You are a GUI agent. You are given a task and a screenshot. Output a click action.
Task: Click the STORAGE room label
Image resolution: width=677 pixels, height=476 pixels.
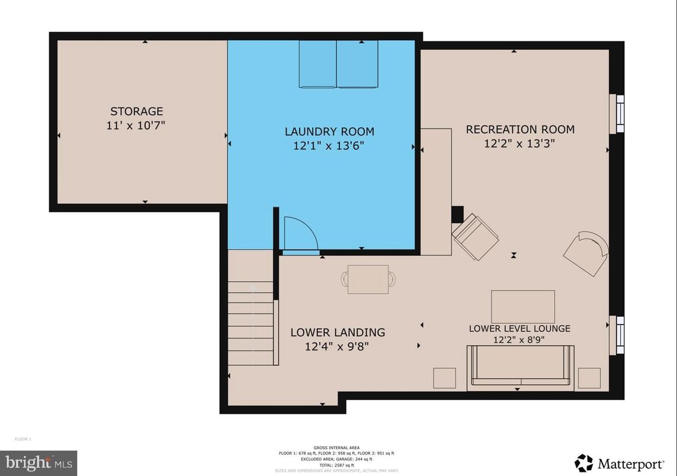point(136,111)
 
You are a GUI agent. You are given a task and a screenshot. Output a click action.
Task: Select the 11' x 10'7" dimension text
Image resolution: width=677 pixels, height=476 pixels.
point(136,126)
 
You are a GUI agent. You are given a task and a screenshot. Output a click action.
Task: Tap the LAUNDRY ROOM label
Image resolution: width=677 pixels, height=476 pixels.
point(329,131)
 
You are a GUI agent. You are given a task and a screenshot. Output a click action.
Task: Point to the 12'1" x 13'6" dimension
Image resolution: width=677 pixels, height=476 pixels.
point(329,146)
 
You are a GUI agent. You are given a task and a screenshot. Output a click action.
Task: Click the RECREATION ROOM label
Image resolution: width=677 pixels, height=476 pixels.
point(520,129)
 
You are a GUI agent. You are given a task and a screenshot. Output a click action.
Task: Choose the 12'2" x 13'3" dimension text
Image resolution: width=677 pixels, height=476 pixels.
point(520,143)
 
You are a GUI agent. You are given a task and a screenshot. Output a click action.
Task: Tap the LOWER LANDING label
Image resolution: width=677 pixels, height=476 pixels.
point(338,332)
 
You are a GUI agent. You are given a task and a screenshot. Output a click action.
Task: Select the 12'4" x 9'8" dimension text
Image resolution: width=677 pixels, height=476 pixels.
point(338,347)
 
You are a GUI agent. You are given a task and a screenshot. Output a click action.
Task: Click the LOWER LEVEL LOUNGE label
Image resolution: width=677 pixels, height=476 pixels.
point(519,328)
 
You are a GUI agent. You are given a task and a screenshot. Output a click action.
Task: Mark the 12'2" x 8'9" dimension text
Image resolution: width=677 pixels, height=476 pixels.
point(519,340)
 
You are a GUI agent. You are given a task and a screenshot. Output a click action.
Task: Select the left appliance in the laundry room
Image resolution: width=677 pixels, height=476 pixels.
point(317,64)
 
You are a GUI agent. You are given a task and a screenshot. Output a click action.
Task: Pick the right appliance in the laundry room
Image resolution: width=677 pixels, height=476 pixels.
point(357,64)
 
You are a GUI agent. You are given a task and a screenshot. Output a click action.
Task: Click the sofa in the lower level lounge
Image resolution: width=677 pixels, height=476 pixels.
point(521,367)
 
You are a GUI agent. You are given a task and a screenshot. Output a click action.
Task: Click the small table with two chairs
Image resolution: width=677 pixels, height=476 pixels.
point(368,279)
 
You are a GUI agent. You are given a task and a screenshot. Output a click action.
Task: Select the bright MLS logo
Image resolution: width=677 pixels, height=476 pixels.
point(38,462)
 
